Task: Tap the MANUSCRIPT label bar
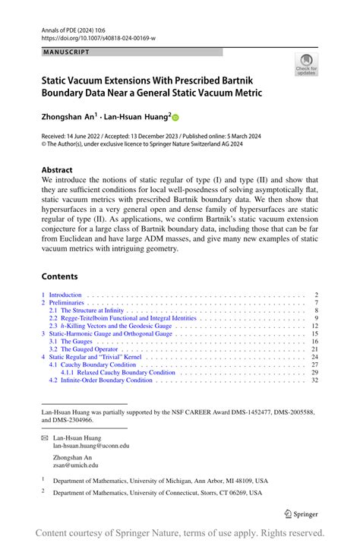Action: [132, 52]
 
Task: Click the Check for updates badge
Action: [306, 65]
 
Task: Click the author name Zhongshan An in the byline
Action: [68, 118]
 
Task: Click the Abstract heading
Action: [58, 170]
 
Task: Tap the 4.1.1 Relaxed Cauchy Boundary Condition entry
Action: [118, 372]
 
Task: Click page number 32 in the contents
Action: [314, 380]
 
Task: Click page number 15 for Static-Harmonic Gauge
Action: [314, 333]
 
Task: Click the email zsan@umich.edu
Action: [75, 466]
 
